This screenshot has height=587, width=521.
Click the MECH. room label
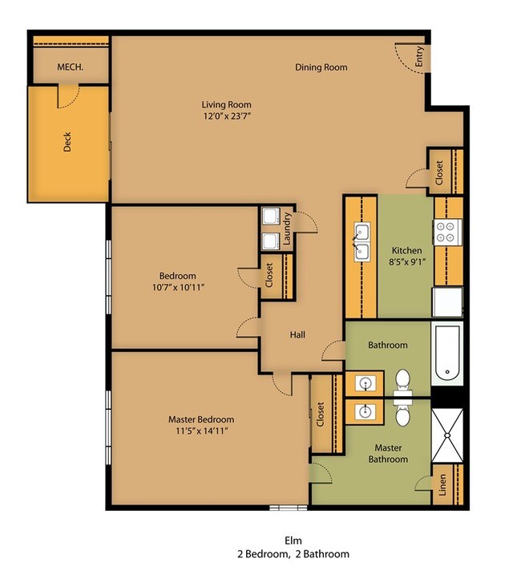coord(71,67)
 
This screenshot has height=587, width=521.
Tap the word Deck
coord(67,142)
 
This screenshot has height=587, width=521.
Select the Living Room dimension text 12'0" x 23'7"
coord(227,116)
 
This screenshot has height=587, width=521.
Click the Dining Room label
coord(321,67)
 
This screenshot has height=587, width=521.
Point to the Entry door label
coord(419,56)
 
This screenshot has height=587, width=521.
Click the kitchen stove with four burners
coord(447,232)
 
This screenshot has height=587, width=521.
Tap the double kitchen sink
coord(362,242)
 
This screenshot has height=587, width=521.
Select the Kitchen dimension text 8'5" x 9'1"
coord(407,262)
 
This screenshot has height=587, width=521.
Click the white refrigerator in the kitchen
coord(447,302)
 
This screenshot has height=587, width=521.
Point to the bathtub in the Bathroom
coord(447,353)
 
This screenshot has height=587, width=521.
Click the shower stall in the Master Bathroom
coord(447,435)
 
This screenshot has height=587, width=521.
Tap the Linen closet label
coord(442,485)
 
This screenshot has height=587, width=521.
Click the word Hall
coord(297,334)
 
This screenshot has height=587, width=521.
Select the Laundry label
coord(287,229)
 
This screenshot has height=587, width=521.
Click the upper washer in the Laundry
coord(271,217)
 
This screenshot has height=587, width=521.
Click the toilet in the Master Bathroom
coord(402,413)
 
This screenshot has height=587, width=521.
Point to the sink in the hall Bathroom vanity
coord(366,383)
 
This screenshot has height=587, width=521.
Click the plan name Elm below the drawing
coord(293,540)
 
